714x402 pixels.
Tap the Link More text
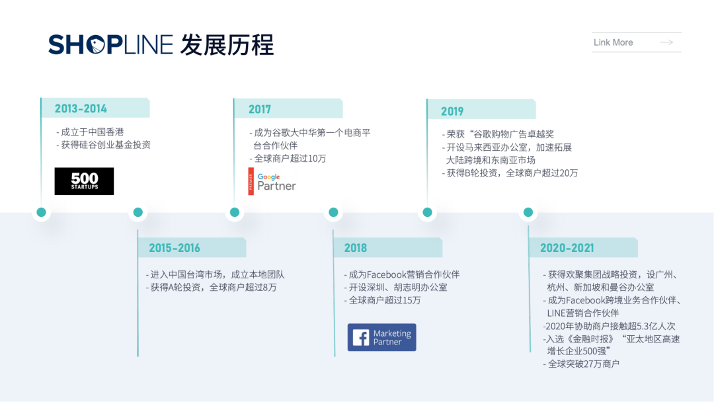(x=613, y=42)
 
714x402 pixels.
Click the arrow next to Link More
(x=666, y=42)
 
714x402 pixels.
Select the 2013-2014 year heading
(x=81, y=108)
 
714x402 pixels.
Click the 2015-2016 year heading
(x=175, y=248)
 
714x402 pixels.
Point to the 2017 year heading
(x=260, y=109)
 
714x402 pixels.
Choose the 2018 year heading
(x=356, y=248)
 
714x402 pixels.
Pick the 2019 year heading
(x=452, y=111)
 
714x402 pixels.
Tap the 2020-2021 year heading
(x=567, y=248)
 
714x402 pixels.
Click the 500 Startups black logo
(x=84, y=181)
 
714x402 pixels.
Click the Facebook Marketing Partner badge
(x=382, y=337)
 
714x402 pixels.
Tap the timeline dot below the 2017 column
(x=235, y=212)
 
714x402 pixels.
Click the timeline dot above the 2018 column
(x=333, y=212)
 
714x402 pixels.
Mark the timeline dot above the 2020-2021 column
(x=528, y=212)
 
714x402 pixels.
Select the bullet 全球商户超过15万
(x=385, y=300)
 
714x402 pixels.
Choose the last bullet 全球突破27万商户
(x=583, y=364)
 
